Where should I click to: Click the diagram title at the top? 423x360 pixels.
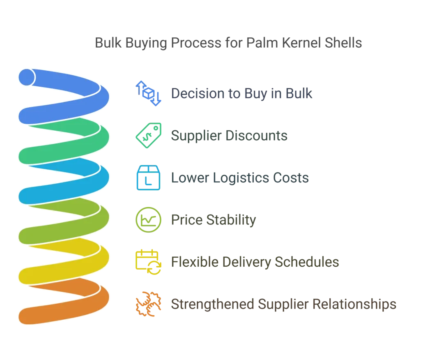(230, 43)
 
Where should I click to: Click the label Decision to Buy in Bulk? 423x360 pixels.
(243, 93)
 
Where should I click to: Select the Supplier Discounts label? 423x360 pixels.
(230, 136)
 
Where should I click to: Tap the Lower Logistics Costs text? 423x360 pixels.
(239, 178)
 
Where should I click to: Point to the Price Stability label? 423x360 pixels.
(213, 221)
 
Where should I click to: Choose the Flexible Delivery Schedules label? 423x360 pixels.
(255, 262)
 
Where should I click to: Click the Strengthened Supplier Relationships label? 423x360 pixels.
(284, 304)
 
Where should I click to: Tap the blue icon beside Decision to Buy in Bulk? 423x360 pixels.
(147, 93)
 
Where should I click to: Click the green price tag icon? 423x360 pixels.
(148, 135)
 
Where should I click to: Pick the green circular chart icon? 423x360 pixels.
(148, 220)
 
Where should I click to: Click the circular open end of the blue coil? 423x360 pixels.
(26, 77)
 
